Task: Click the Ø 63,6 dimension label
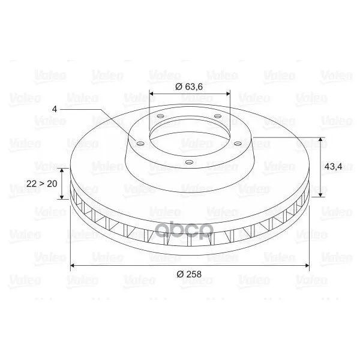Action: coord(189,87)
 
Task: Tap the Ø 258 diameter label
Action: coord(189,274)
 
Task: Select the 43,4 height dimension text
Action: coord(333,166)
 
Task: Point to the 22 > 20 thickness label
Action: coord(42,184)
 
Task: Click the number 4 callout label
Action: coord(55,109)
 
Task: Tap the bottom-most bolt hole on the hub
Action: coord(189,163)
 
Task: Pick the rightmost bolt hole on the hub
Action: coord(238,144)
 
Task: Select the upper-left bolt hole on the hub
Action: coord(160,116)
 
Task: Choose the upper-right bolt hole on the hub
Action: coord(218,116)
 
